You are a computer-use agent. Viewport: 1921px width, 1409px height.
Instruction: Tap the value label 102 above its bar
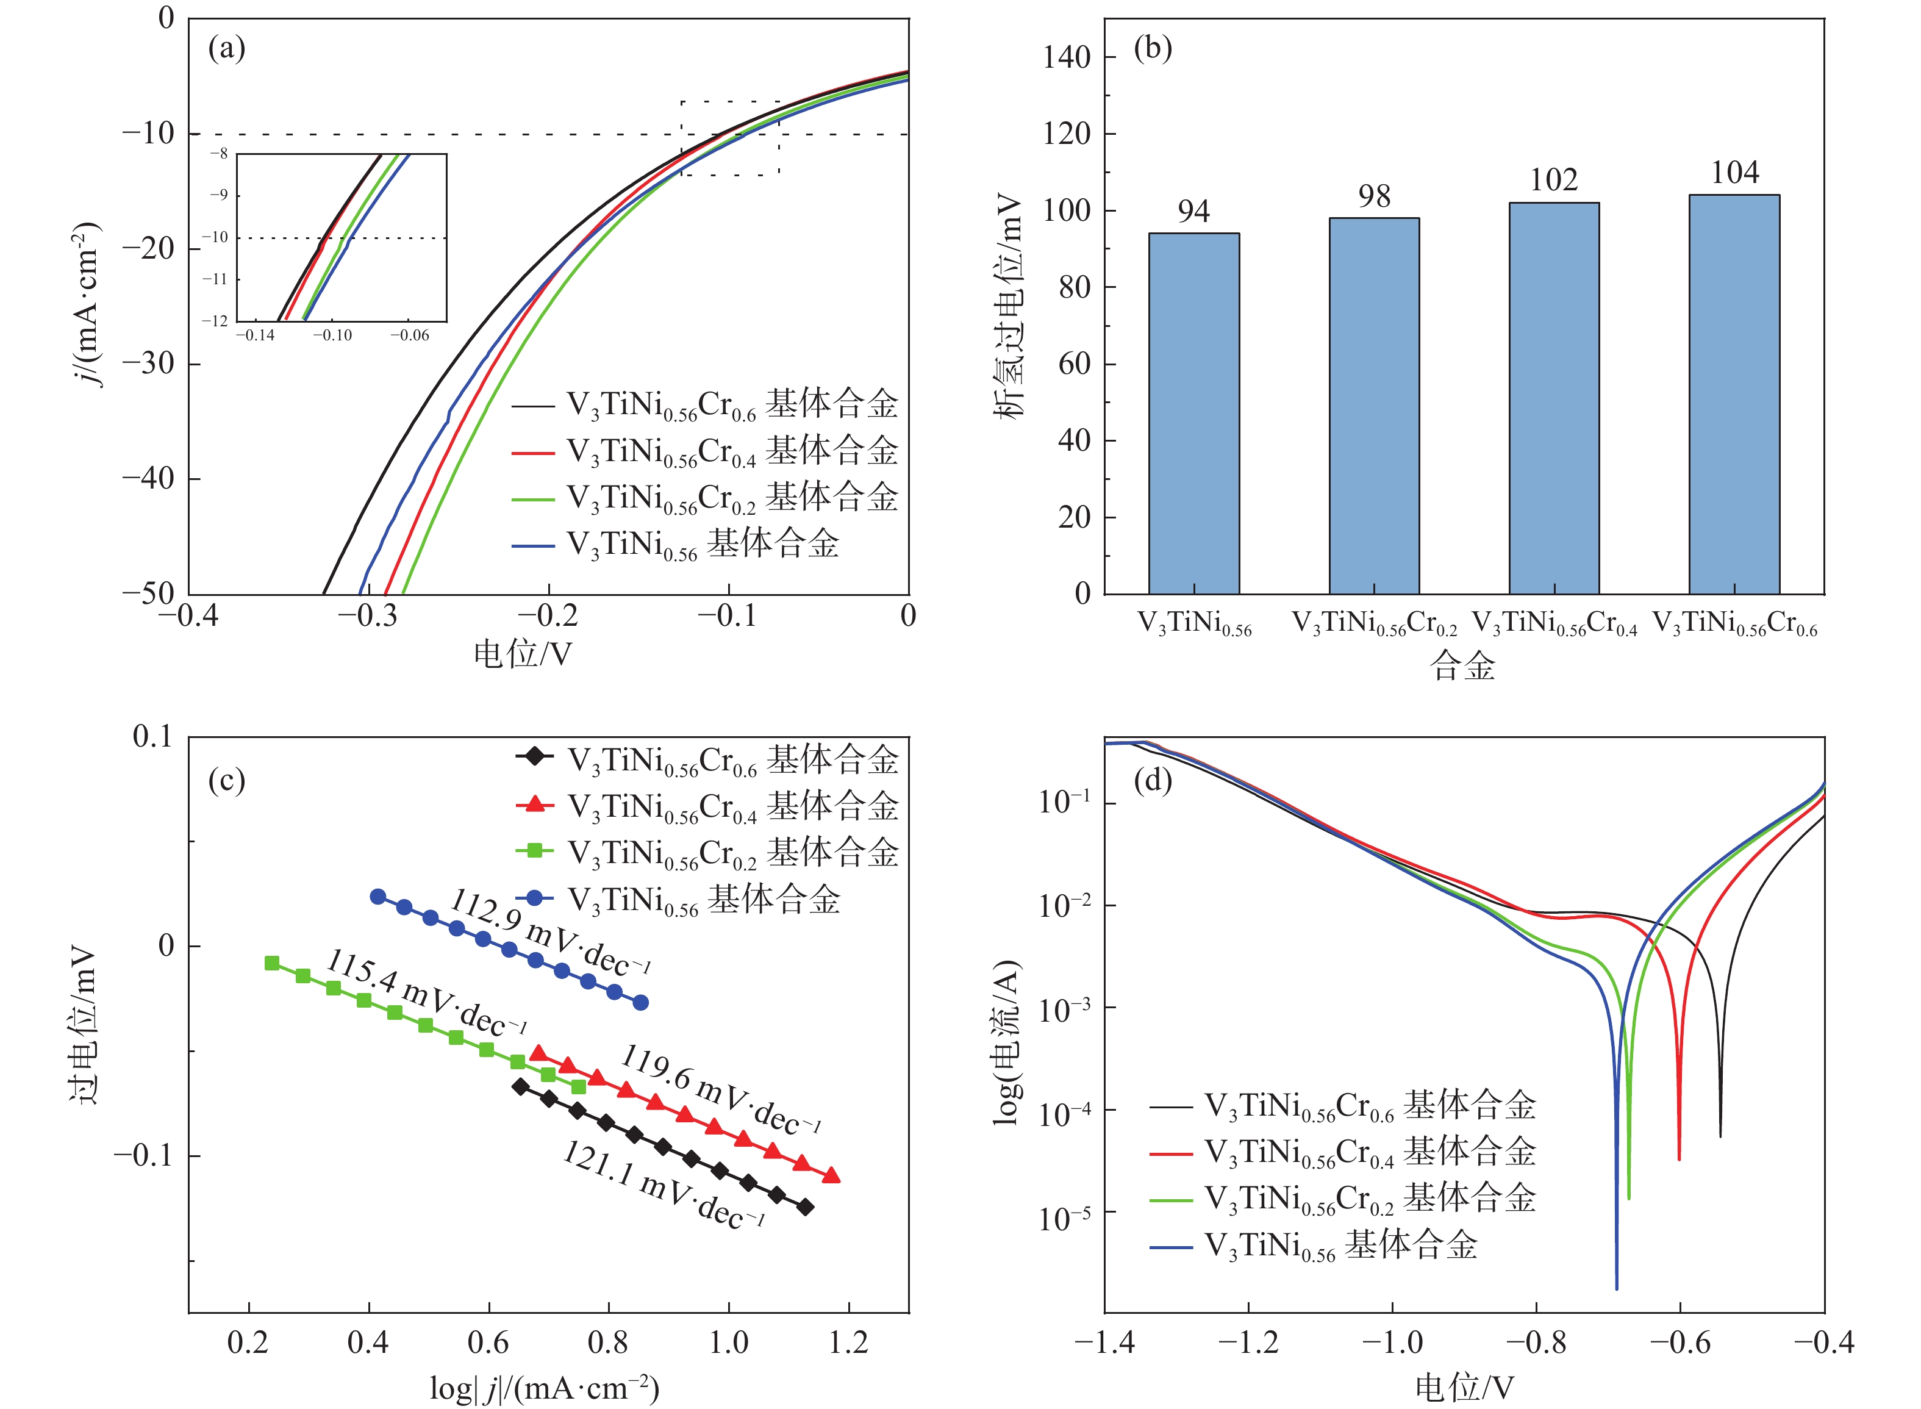[x=1553, y=180]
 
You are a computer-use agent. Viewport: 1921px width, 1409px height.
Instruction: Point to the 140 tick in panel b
[x=1067, y=57]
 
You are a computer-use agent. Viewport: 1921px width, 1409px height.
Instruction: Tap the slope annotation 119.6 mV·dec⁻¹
[x=720, y=1089]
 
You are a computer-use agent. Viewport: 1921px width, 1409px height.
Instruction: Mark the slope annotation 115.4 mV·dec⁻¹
[x=426, y=991]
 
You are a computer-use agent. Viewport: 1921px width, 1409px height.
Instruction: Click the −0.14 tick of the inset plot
[x=255, y=336]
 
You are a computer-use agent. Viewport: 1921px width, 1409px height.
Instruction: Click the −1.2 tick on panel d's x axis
[x=1248, y=1343]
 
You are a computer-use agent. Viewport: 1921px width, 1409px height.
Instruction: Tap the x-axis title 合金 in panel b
[x=1463, y=665]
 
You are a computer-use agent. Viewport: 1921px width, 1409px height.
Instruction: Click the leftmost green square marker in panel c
[x=272, y=963]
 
